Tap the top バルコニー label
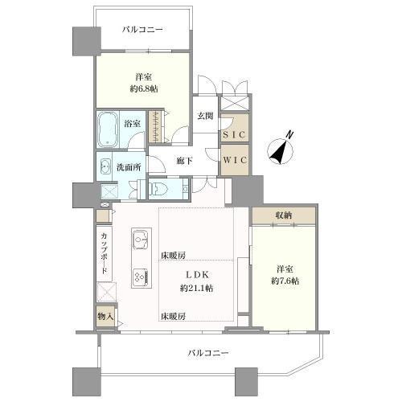[142, 30]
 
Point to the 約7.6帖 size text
[285, 281]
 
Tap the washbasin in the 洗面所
[106, 167]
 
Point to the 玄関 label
[205, 116]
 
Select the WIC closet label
[236, 159]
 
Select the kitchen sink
[141, 240]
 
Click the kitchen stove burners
[140, 276]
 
